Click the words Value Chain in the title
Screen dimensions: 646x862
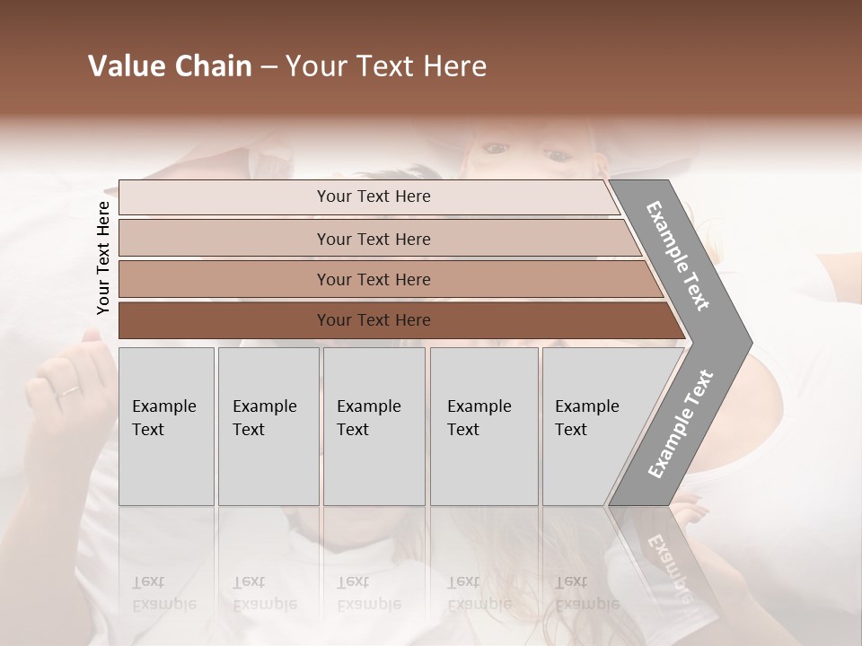[x=170, y=66]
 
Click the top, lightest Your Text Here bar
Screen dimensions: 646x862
[x=373, y=196]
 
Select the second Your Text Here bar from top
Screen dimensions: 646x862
[x=373, y=239]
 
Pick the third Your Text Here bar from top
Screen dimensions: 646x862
[x=373, y=279]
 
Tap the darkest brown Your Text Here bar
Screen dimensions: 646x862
[x=373, y=320]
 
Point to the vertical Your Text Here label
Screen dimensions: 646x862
[x=103, y=258]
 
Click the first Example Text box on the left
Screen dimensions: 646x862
[x=166, y=426]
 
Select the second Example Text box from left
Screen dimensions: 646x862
[x=268, y=426]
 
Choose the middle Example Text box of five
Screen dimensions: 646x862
[x=374, y=426]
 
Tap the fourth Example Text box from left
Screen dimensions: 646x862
[x=484, y=426]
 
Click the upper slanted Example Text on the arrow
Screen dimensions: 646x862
[x=679, y=256]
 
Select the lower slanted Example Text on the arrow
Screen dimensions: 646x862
[x=681, y=423]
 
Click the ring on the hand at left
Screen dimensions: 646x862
[x=68, y=391]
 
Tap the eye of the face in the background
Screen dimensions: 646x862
[x=556, y=156]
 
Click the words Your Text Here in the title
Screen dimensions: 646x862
[x=386, y=66]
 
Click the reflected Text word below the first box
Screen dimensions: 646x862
[x=148, y=582]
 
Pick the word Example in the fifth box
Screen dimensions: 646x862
[x=587, y=406]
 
